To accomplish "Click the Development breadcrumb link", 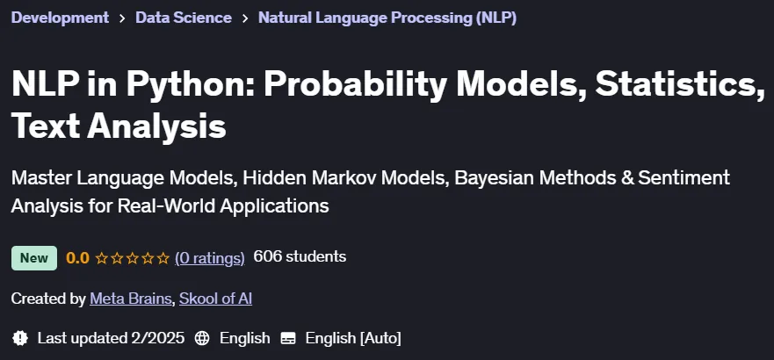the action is pos(60,18).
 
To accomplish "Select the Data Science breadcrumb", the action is pos(184,18).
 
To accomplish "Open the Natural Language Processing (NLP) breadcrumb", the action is pos(387,18).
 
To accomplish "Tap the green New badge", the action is pos(34,258).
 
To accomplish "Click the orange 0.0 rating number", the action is pos(77,258).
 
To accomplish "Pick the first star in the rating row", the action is pos(102,258).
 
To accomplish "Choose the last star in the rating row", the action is pos(163,258).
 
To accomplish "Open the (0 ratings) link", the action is pos(210,258).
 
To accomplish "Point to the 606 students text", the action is pos(300,257).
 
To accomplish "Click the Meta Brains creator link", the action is pos(130,299).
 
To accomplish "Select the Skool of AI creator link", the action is pos(216,299).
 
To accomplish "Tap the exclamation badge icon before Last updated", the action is pos(19,338).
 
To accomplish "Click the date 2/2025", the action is pos(158,338).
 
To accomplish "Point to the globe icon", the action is pos(202,338).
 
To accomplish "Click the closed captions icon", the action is pos(288,338).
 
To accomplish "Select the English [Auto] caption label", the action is pos(353,338).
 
